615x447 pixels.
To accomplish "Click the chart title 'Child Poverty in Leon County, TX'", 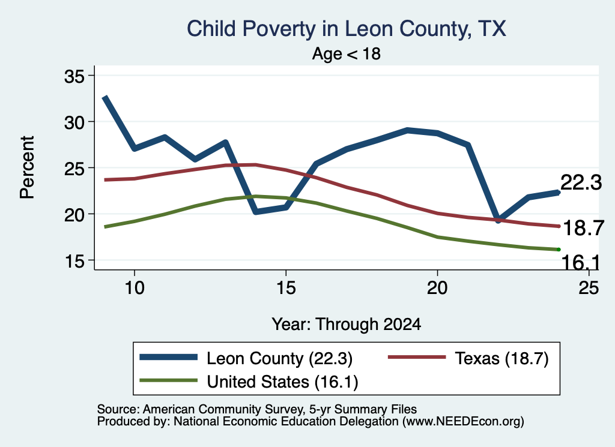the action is pyautogui.click(x=347, y=29).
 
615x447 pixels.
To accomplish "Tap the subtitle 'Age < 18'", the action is pyautogui.click(x=347, y=53).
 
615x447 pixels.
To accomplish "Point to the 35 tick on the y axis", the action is pyautogui.click(x=74, y=76).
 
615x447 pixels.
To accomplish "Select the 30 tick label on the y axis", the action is pyautogui.click(x=74, y=122).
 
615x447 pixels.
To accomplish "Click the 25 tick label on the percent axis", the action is pyautogui.click(x=74, y=169).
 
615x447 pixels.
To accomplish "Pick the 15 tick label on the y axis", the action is pyautogui.click(x=74, y=261).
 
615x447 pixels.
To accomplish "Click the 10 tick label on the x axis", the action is pyautogui.click(x=135, y=288).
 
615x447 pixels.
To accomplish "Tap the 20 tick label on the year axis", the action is pyautogui.click(x=437, y=288).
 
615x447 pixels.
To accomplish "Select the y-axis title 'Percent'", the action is pyautogui.click(x=27, y=167).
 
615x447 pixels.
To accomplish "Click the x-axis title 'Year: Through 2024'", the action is pyautogui.click(x=347, y=325).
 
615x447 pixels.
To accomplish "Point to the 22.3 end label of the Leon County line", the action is pyautogui.click(x=581, y=182).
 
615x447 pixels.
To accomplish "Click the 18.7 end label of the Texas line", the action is pyautogui.click(x=583, y=228).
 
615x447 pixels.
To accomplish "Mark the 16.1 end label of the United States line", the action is pyautogui.click(x=581, y=262).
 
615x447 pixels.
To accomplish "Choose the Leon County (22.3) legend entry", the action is pyautogui.click(x=246, y=358).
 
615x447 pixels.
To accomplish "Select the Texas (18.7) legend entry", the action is pyautogui.click(x=468, y=358).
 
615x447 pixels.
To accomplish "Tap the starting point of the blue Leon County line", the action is pyautogui.click(x=105, y=97).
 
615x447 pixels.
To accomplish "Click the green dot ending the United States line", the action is pyautogui.click(x=559, y=250).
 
